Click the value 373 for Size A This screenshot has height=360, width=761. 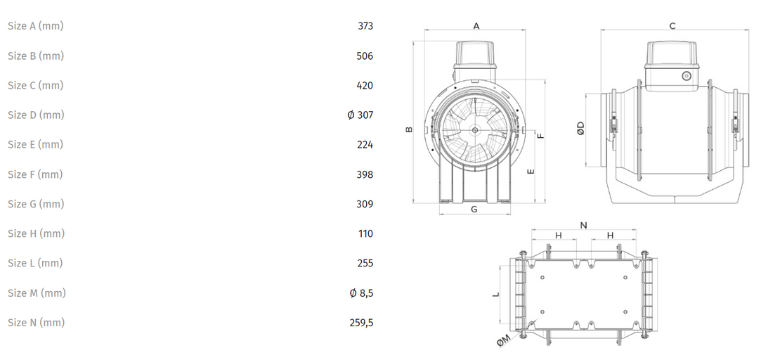pos(365,26)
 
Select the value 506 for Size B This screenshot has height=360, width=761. pos(365,56)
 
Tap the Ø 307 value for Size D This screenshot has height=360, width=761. pos(360,115)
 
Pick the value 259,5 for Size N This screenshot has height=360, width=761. pos(362,323)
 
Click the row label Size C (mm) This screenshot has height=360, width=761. pos(35,86)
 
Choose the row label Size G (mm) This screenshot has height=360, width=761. pos(36,204)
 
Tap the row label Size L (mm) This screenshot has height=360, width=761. pos(35,263)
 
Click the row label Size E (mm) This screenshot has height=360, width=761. pos(35,145)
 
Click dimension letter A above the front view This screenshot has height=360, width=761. pos(476,26)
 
